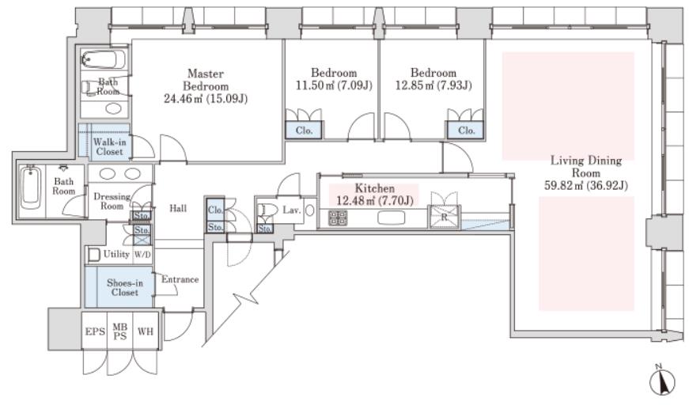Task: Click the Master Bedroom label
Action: (206, 80)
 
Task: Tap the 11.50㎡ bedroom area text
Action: (334, 85)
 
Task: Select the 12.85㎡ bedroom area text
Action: (433, 85)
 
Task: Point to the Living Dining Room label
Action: (586, 166)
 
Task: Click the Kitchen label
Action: (374, 188)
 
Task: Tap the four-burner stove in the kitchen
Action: (338, 218)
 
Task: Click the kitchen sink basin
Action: (391, 218)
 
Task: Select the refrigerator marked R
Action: (444, 217)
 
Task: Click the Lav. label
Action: (291, 210)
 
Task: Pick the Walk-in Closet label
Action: (109, 146)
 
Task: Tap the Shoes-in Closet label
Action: (125, 288)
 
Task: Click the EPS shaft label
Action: (95, 331)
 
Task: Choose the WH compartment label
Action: (146, 331)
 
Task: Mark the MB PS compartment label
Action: (120, 331)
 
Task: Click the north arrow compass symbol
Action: (662, 381)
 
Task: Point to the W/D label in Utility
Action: (142, 255)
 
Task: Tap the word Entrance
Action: (180, 279)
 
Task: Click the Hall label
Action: (178, 208)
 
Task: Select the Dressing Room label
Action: (112, 201)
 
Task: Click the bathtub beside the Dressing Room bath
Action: (31, 191)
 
